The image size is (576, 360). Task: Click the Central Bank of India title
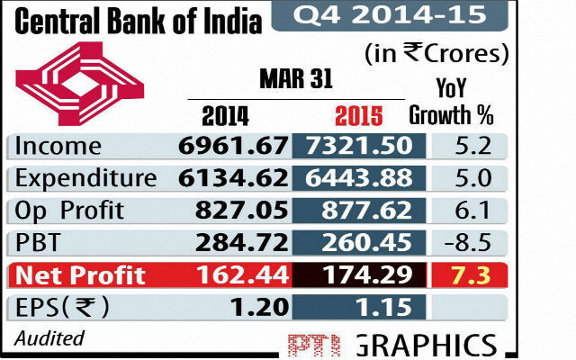pyautogui.click(x=136, y=19)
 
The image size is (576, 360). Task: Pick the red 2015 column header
pyautogui.click(x=357, y=116)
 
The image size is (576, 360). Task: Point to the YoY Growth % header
pyautogui.click(x=451, y=102)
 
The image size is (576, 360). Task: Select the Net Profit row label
pyautogui.click(x=80, y=274)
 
